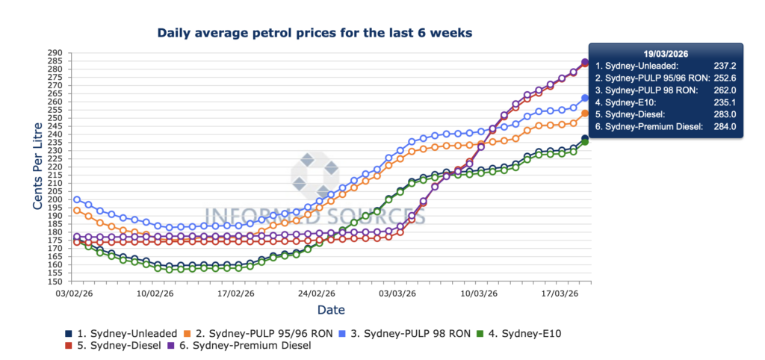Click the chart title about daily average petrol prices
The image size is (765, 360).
[x=314, y=33]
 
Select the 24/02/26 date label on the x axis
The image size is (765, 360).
[x=317, y=294]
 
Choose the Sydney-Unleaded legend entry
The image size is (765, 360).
[x=124, y=333]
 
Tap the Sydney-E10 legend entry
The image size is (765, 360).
[x=523, y=333]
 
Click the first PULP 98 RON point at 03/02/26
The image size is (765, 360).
[x=77, y=199]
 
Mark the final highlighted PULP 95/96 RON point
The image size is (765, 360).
[x=586, y=114]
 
